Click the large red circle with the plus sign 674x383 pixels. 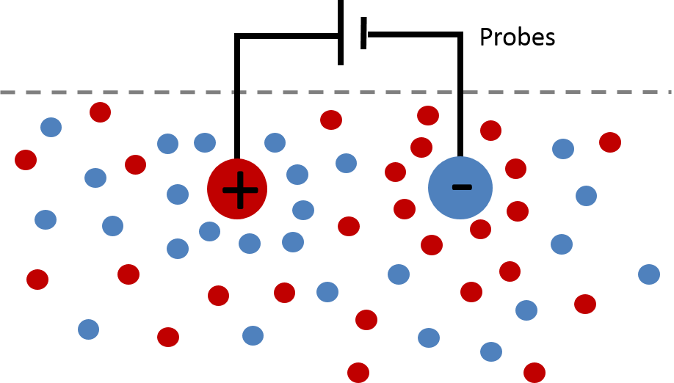(x=237, y=189)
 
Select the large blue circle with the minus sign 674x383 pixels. (x=460, y=188)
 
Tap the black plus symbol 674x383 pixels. (x=240, y=190)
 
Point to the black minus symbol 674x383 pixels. (x=462, y=187)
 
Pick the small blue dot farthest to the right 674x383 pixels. (x=649, y=274)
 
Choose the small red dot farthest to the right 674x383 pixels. (x=610, y=142)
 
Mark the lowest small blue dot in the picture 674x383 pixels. (x=491, y=351)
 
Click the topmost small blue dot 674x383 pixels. (x=51, y=127)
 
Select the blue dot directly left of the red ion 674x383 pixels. (x=178, y=194)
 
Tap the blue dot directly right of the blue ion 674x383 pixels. (x=586, y=196)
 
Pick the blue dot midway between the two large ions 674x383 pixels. (x=347, y=163)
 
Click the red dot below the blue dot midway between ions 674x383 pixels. (x=349, y=226)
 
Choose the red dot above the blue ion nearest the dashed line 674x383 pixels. (x=428, y=115)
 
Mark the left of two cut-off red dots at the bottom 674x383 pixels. (x=358, y=373)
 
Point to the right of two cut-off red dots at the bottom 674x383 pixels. (x=535, y=373)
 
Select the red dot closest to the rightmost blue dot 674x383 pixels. (x=585, y=304)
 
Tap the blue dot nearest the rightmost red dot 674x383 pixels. (x=563, y=149)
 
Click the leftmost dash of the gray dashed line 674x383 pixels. (x=7, y=92)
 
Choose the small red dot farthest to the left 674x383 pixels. (x=26, y=160)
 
